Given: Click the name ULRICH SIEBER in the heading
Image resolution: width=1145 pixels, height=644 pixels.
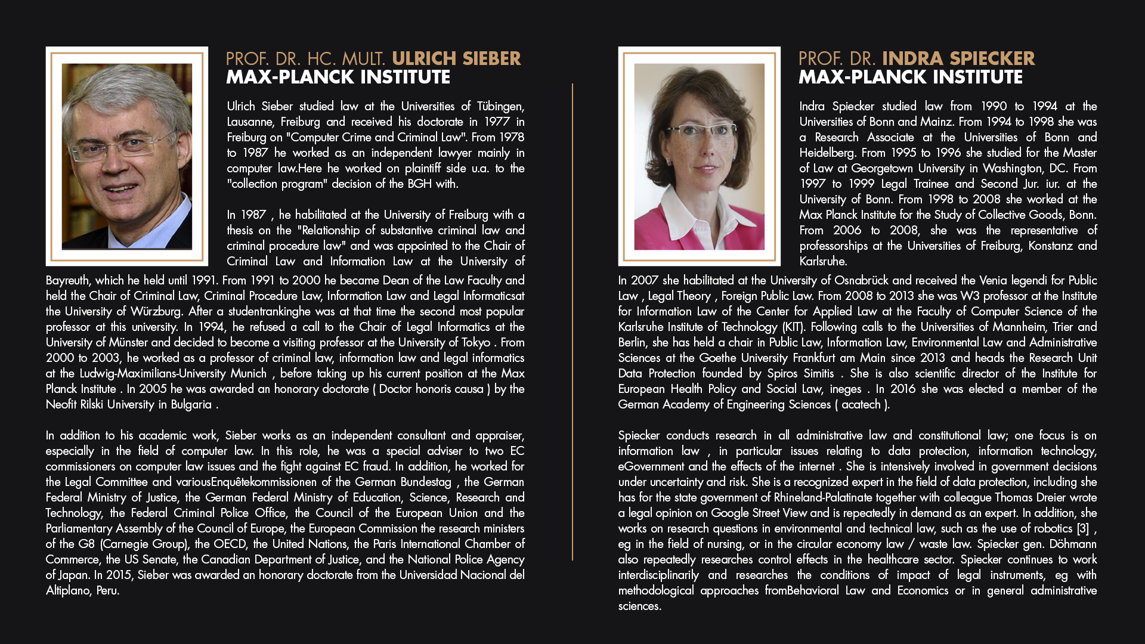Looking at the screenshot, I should pos(456,58).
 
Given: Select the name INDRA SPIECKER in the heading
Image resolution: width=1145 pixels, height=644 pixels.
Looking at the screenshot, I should pos(958,58).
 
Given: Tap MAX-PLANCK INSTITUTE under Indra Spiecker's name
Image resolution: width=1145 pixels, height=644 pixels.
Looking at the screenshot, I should pos(910,78).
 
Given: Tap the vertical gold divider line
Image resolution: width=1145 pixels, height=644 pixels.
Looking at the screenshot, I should pos(572,322).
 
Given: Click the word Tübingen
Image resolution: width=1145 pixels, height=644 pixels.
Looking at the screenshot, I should pos(500,106).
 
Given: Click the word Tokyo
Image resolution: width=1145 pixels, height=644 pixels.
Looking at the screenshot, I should pos(475,342).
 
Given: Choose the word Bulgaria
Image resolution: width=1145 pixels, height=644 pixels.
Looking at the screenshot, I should pos(191,404).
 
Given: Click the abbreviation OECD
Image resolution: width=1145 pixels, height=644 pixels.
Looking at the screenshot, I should pos(230,544).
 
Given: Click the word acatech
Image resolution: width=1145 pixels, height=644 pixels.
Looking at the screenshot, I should pos(861,404).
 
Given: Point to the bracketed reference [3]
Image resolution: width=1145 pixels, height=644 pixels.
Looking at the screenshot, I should pos(1083,528).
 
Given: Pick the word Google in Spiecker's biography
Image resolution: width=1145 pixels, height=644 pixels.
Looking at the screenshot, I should pos(731,513).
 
